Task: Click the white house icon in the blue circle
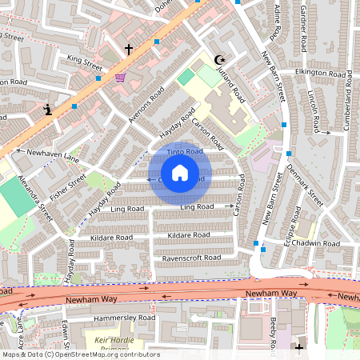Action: [180, 173]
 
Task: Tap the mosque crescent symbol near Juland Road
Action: [219, 58]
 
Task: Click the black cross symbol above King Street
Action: [128, 50]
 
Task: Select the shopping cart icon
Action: [120, 78]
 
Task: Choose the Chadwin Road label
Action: [316, 242]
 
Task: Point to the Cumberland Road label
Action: [348, 104]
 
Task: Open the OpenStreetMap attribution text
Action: [80, 354]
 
